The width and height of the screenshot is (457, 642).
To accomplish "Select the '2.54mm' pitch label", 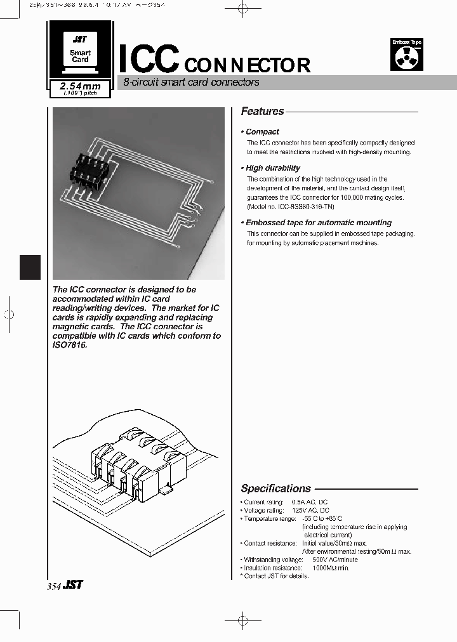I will click(80, 86).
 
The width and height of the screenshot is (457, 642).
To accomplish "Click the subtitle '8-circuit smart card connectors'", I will click(191, 82).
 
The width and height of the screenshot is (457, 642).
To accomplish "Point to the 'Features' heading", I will click(262, 112).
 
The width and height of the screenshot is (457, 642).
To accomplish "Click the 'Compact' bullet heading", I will click(262, 132).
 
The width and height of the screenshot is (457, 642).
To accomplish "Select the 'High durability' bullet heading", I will click(273, 168).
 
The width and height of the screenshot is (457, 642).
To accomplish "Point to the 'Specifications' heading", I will click(276, 488).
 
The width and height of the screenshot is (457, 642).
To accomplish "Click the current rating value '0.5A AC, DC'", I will click(310, 502).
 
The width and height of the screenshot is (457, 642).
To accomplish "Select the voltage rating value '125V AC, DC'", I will click(310, 510).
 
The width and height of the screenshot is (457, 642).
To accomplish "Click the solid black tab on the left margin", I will click(30, 266).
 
